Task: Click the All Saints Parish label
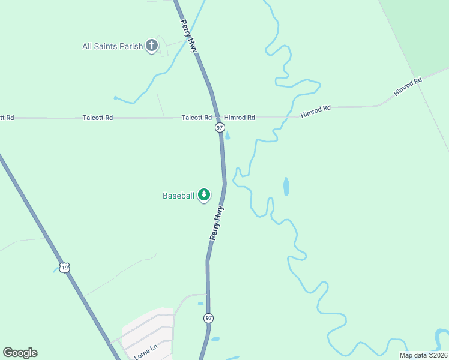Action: coord(113,46)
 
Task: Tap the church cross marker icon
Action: coord(152,46)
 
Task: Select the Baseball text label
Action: coord(178,196)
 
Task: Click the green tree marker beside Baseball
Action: coord(205,194)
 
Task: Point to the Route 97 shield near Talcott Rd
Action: coord(220,128)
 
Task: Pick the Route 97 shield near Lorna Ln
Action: coord(208,317)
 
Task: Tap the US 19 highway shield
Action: coord(65,268)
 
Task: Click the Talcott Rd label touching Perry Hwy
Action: coord(197,118)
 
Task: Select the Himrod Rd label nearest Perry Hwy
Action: coord(240,118)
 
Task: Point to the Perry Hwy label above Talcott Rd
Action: coord(189,35)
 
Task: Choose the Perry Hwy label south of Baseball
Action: coord(217,223)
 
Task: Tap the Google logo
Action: coord(20,353)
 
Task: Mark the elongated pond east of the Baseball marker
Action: coord(286,187)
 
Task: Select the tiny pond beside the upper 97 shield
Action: coord(227,135)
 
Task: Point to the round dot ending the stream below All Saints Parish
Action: coord(115,97)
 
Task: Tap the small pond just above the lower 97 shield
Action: coord(201,303)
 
